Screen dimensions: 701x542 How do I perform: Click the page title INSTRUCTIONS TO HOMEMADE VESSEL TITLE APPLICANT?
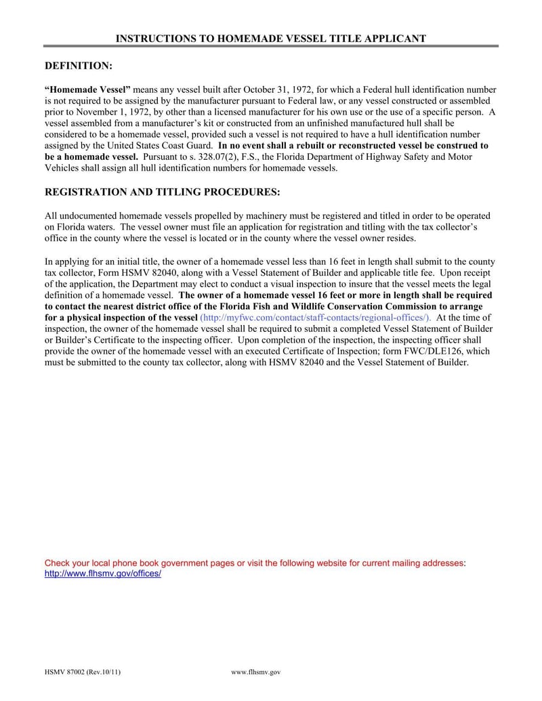click(x=271, y=39)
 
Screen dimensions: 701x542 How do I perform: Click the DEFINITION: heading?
click(x=78, y=66)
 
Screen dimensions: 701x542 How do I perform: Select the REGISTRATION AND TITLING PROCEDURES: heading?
click(x=162, y=192)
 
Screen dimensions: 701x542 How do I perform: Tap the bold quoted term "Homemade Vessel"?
click(x=87, y=89)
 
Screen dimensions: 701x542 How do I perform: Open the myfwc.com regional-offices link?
click(x=316, y=318)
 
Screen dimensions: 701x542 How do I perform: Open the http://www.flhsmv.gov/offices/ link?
click(x=102, y=574)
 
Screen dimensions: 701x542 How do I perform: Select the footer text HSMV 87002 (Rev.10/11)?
click(x=83, y=673)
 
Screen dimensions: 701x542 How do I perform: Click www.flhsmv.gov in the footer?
click(x=255, y=673)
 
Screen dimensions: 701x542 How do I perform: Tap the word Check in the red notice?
click(x=58, y=563)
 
